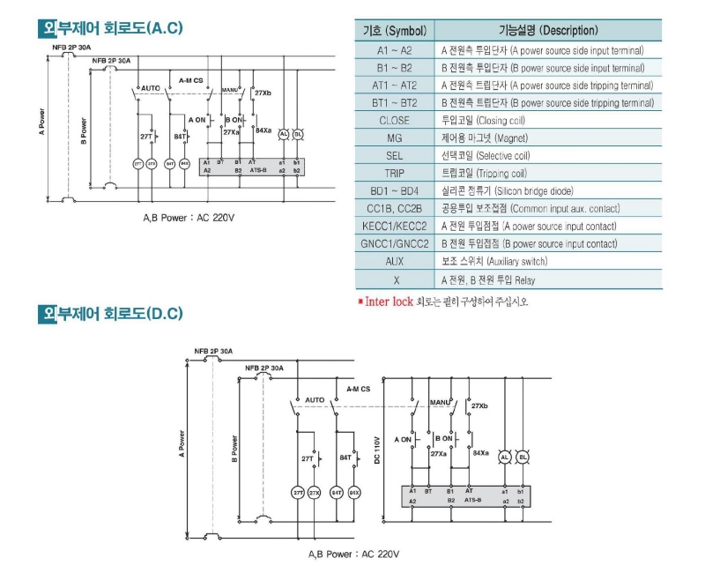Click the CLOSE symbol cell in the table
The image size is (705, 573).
394,120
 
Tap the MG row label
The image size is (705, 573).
394,138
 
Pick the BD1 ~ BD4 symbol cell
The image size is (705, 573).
394,190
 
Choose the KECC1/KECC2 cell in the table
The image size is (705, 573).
394,226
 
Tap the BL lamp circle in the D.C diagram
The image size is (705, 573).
523,458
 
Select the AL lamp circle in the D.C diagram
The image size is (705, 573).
505,458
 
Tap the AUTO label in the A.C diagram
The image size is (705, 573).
151,89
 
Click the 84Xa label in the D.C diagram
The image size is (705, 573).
481,452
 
